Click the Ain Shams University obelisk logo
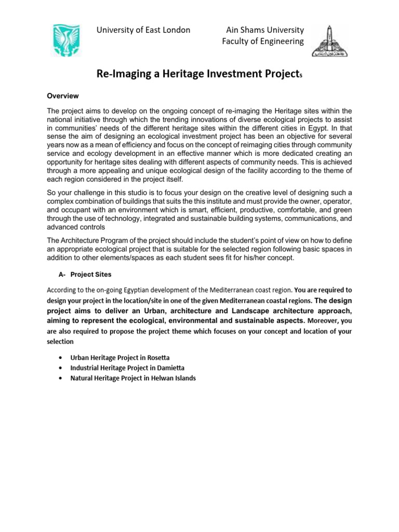pos(330,41)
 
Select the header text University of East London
pos(143,30)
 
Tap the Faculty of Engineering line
pos(262,42)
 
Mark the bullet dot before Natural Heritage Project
pos(62,379)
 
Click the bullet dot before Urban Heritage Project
pos(62,359)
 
